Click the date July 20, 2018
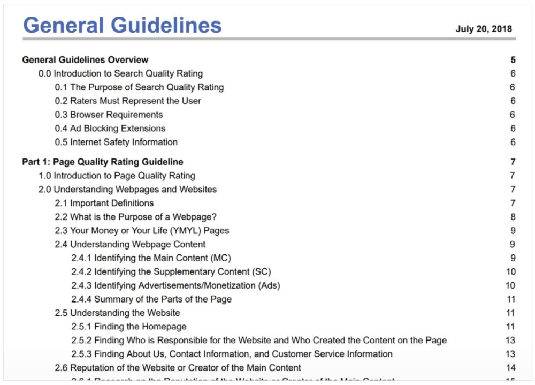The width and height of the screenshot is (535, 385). (x=483, y=29)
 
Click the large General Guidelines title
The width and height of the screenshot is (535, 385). (x=122, y=25)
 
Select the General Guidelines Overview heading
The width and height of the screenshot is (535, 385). (x=85, y=59)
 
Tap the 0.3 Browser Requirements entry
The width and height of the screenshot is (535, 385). (x=109, y=115)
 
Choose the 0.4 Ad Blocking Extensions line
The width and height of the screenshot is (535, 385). (x=110, y=129)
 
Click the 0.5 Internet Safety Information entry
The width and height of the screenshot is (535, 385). (x=116, y=142)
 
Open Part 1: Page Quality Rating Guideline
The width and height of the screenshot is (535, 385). (x=102, y=162)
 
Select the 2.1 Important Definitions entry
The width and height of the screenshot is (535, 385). (x=104, y=203)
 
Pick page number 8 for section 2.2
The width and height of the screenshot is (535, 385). (x=513, y=217)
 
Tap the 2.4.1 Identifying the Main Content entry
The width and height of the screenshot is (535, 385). (x=151, y=258)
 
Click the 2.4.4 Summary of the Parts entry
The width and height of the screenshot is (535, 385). (x=151, y=299)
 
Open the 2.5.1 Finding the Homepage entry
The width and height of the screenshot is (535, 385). (x=129, y=327)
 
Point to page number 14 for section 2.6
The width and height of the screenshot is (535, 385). (x=510, y=368)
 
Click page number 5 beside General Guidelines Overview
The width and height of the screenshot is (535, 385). (x=513, y=59)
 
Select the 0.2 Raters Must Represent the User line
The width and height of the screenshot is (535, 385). (x=128, y=101)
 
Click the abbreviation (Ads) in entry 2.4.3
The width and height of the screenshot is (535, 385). (x=269, y=285)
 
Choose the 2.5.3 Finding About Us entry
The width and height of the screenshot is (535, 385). (x=232, y=354)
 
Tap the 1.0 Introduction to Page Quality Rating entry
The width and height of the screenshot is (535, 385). (x=117, y=176)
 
